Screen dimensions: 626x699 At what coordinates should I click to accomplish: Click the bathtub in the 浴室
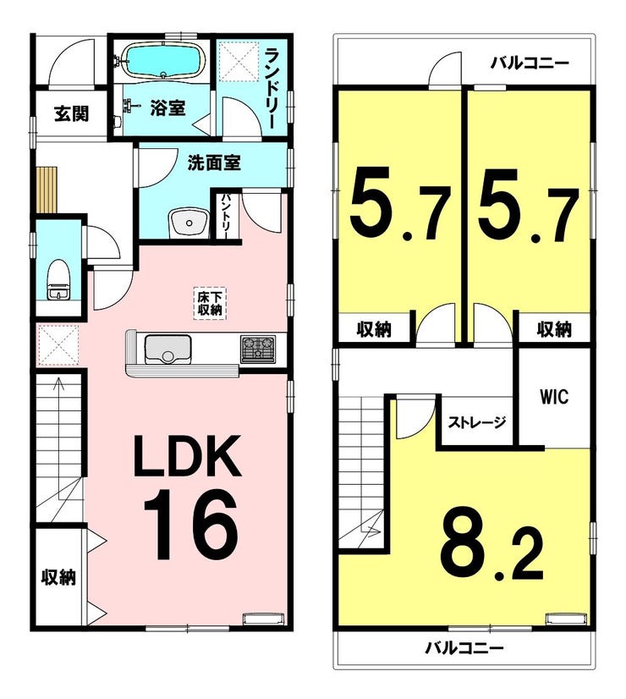(163, 61)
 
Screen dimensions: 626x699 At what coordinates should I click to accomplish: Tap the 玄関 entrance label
(71, 113)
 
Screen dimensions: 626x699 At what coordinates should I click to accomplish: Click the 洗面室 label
(214, 162)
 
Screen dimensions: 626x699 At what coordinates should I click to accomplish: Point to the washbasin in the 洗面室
(189, 222)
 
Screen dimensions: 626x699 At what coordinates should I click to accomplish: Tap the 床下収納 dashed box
(210, 303)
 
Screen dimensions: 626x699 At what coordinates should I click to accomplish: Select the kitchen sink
(167, 349)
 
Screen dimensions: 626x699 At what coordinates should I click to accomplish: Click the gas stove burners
(258, 349)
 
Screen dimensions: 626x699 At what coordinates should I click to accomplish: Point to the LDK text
(187, 455)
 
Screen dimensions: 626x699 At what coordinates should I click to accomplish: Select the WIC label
(554, 396)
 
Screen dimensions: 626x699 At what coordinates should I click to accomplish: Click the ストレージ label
(477, 422)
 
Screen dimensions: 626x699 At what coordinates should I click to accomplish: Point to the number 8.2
(491, 544)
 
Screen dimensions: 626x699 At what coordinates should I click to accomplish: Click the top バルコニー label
(530, 63)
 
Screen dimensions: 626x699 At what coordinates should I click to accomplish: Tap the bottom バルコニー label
(464, 647)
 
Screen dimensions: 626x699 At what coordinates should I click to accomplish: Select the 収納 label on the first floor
(58, 577)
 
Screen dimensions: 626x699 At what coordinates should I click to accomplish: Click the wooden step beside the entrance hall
(47, 190)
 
